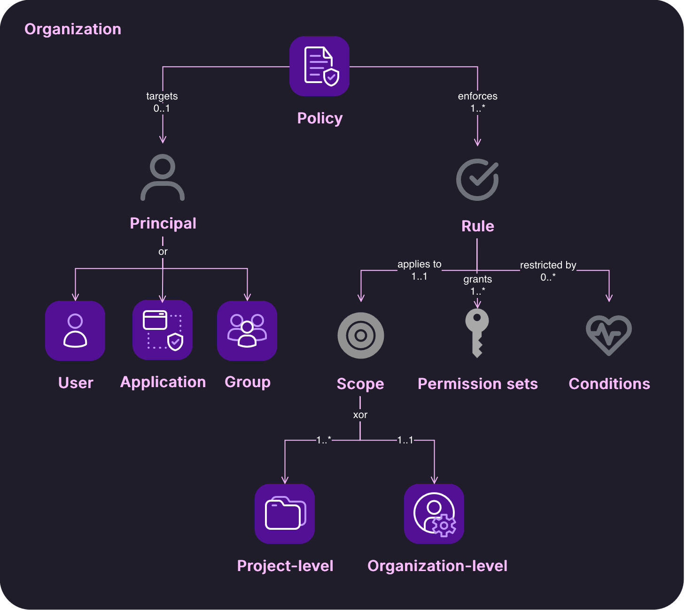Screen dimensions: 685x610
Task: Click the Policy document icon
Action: tap(319, 66)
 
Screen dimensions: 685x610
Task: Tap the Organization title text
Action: tap(73, 30)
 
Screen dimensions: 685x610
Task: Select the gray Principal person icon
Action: tap(162, 177)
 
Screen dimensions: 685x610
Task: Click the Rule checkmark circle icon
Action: tap(477, 180)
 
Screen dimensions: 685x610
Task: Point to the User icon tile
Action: tap(75, 331)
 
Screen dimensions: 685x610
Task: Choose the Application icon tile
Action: tap(162, 330)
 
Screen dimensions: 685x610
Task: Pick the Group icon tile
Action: tap(247, 331)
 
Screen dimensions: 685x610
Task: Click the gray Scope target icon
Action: tap(361, 335)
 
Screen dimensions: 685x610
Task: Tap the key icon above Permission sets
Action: tap(477, 333)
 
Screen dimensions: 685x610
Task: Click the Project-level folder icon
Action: tap(285, 514)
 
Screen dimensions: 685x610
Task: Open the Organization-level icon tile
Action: tap(434, 514)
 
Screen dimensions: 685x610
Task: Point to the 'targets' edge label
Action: tap(162, 96)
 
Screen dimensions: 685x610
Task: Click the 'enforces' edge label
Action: tap(478, 96)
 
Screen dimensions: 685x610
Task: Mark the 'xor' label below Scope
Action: tap(360, 415)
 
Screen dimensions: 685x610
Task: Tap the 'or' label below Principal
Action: tap(163, 252)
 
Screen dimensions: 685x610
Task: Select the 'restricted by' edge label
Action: tap(548, 265)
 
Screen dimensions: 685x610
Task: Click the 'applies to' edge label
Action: tap(419, 265)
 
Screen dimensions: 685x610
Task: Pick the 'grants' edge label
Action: tap(477, 279)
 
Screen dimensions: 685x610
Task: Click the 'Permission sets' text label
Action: tap(478, 384)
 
